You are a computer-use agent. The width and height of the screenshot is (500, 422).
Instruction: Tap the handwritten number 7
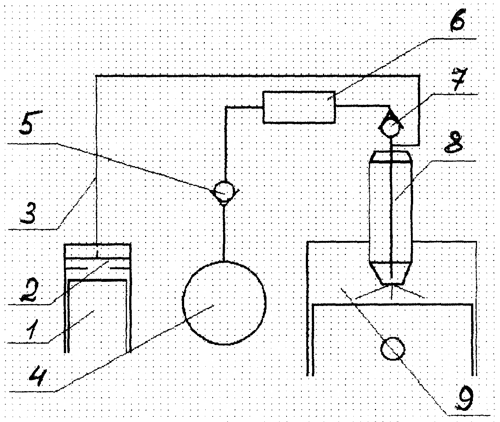pos(458,80)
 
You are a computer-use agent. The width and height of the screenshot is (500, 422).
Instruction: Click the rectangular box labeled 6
pos(299,107)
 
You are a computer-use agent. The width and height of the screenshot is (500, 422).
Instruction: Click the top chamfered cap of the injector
pos(391,157)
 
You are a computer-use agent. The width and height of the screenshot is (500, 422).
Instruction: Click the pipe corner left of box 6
pos(225,108)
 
